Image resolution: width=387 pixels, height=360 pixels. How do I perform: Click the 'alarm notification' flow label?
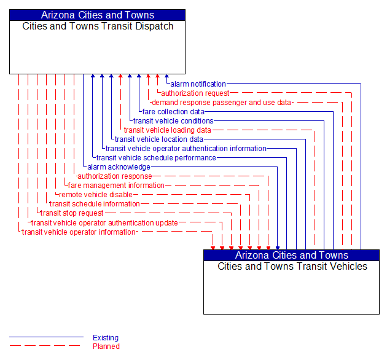point(198,84)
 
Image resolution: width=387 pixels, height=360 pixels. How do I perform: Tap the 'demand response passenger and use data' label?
point(221,103)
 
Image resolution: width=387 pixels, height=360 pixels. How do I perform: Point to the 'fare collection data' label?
point(173,112)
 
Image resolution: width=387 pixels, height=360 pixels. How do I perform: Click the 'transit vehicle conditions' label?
point(173,121)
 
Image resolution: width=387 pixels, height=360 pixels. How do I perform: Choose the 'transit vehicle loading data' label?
point(167,130)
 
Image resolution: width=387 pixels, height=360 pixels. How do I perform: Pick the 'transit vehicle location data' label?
point(158,139)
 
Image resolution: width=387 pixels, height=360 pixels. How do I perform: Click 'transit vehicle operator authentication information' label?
point(186,149)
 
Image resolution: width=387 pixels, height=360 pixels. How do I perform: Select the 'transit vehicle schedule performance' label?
point(156,158)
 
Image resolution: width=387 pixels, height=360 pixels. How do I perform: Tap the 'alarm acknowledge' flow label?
point(119,167)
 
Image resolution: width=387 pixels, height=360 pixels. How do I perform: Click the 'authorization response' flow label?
point(114,176)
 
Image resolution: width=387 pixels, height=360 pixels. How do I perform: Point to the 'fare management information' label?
point(116,186)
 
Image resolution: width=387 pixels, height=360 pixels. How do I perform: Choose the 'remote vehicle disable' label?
point(95,195)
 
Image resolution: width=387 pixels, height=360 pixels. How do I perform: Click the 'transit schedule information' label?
point(95,204)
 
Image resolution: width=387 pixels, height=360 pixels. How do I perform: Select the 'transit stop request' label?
point(72,213)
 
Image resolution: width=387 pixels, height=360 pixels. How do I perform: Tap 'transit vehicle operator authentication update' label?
point(104,223)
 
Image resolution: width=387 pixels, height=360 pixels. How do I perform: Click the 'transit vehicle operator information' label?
point(78,232)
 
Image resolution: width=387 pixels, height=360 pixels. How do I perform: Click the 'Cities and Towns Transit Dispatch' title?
point(98,26)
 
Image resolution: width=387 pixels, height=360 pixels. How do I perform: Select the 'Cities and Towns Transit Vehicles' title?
point(292,267)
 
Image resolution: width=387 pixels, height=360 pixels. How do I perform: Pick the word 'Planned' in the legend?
point(106,346)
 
